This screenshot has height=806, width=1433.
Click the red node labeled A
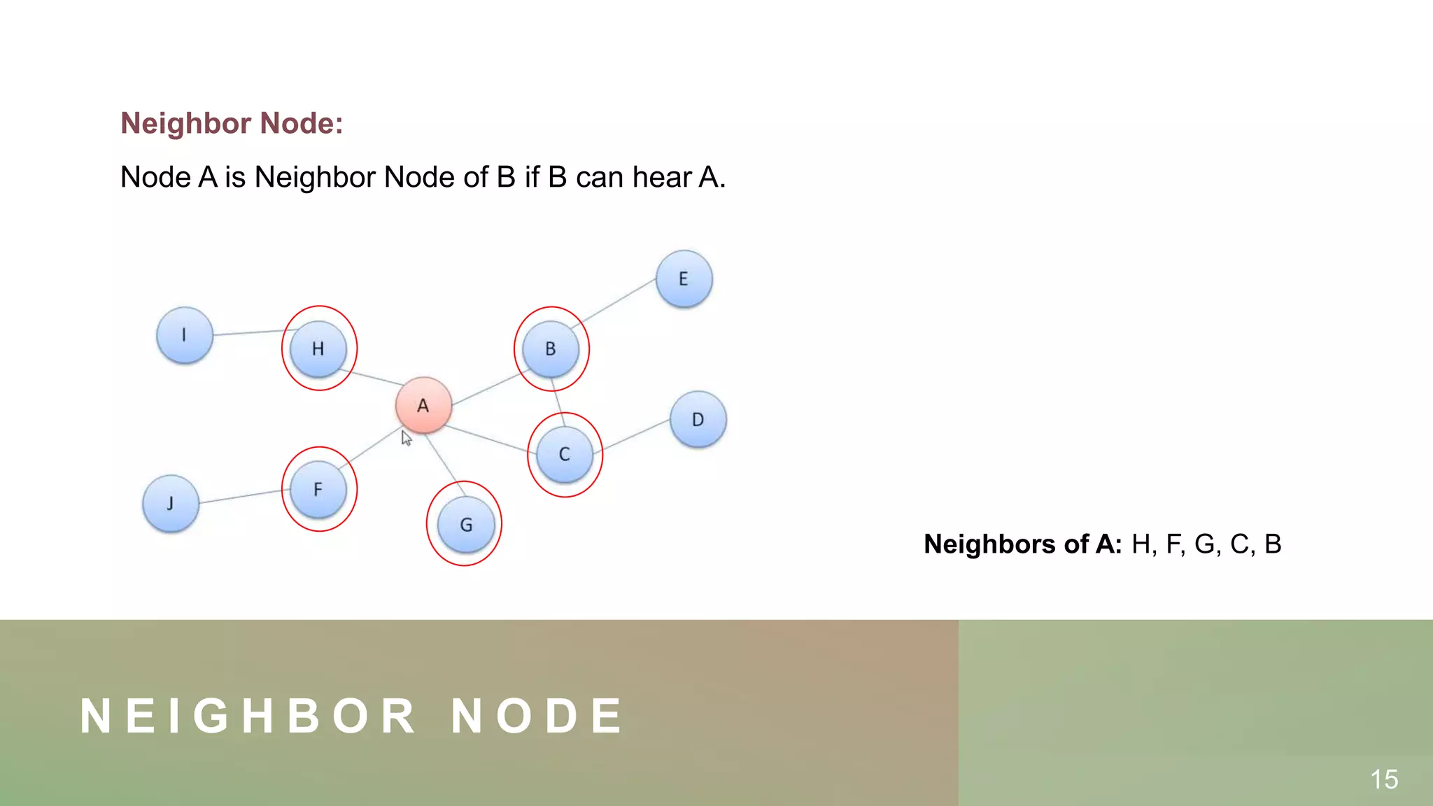pyautogui.click(x=423, y=405)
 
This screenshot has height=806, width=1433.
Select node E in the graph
pyautogui.click(x=684, y=279)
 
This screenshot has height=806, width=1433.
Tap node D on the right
pyautogui.click(x=698, y=419)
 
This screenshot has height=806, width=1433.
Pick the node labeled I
pyautogui.click(x=184, y=335)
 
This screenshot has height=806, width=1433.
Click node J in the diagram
pyautogui.click(x=170, y=503)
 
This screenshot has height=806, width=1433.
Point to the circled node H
pyautogui.click(x=318, y=348)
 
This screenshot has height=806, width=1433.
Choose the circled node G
pyautogui.click(x=465, y=524)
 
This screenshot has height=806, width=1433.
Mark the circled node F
pyautogui.click(x=318, y=489)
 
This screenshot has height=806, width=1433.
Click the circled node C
pyautogui.click(x=565, y=454)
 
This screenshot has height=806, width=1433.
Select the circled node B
pyautogui.click(x=551, y=348)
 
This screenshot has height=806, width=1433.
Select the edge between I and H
pyautogui.click(x=248, y=332)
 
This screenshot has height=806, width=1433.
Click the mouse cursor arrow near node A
pyautogui.click(x=406, y=438)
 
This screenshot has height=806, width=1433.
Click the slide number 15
pyautogui.click(x=1384, y=779)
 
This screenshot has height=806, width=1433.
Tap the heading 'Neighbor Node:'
pyautogui.click(x=232, y=123)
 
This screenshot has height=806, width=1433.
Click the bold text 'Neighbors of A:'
pyautogui.click(x=1022, y=544)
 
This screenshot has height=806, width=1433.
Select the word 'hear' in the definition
pyautogui.click(x=658, y=177)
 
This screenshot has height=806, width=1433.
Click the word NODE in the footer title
pyautogui.click(x=537, y=716)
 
